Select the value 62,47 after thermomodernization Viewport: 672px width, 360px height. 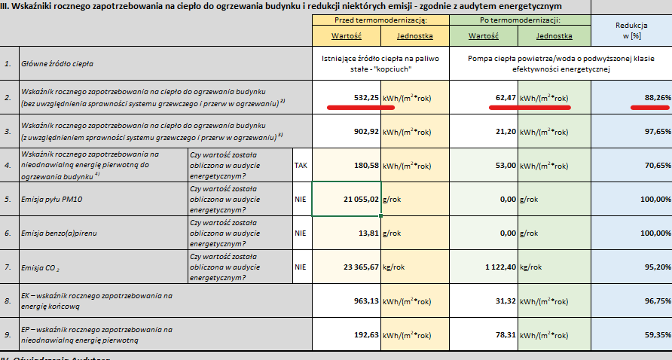tap(501, 97)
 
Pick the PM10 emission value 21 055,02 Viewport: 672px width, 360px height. tap(354, 199)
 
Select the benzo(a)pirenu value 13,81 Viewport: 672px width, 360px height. tap(365, 233)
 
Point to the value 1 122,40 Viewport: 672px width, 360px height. tap(494, 267)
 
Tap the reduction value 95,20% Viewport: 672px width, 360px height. tap(652, 267)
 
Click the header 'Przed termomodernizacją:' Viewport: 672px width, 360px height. tap(381, 19)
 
